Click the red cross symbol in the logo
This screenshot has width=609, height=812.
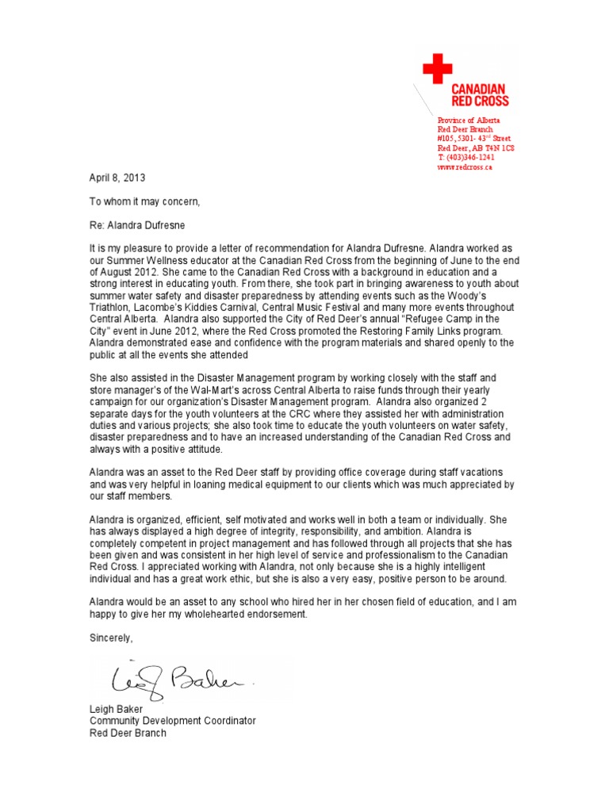(437, 69)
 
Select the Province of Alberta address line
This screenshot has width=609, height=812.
(469, 119)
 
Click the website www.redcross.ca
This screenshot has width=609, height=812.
(465, 167)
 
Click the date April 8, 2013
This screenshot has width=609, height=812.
(117, 178)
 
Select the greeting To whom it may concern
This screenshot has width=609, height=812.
(144, 201)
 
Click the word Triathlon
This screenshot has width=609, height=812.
(111, 307)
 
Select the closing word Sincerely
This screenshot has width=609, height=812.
(112, 638)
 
